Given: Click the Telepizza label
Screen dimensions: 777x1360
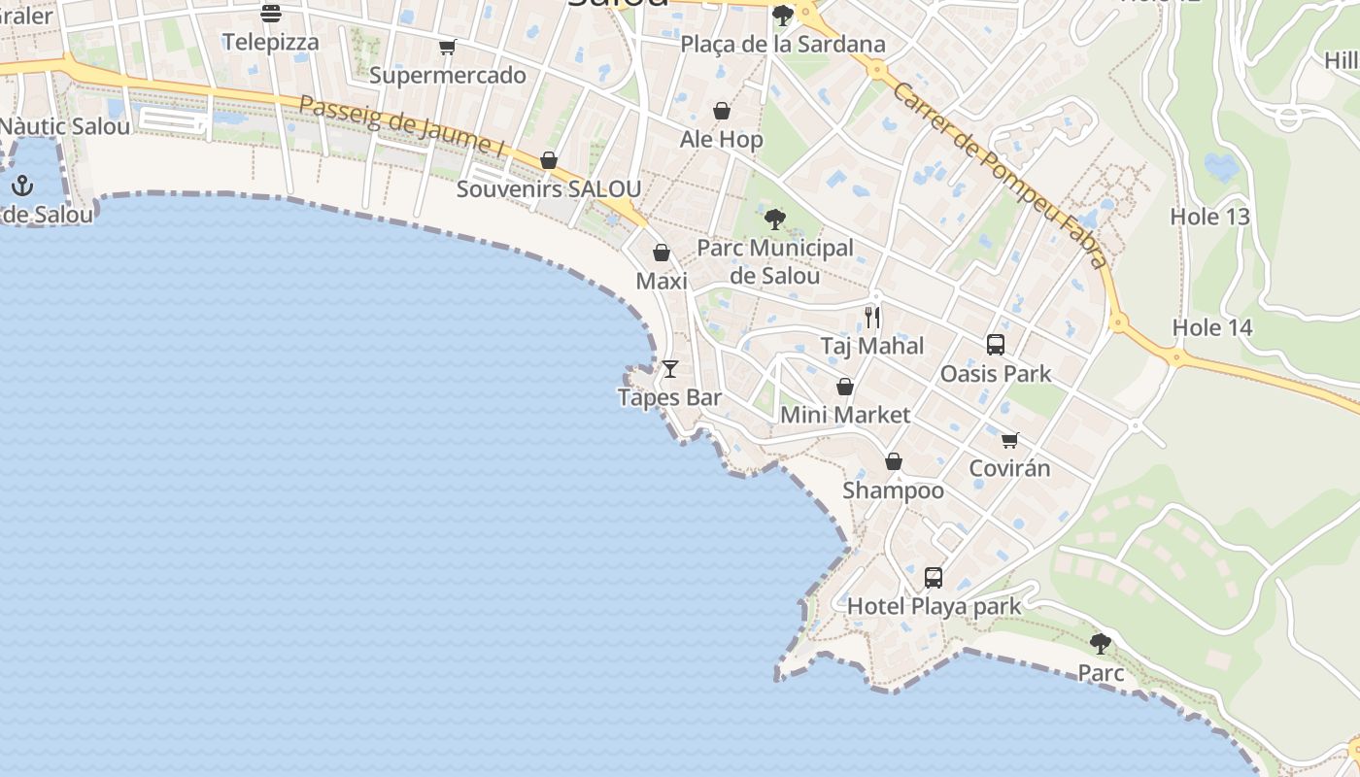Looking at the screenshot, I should [270, 42].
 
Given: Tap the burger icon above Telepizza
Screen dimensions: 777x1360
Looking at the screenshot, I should [270, 14].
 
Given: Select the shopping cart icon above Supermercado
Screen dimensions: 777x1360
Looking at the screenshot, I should [447, 47].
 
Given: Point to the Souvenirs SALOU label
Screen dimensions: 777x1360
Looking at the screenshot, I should [548, 188].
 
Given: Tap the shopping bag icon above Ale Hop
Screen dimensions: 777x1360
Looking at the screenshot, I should [721, 111].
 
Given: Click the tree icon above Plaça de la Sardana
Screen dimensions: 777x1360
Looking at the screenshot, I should [782, 16].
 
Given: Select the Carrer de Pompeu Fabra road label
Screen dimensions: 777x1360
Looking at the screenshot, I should [1000, 175].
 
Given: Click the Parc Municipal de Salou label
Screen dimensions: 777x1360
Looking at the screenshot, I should [775, 261].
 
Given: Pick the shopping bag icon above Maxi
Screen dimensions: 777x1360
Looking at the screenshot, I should [662, 253].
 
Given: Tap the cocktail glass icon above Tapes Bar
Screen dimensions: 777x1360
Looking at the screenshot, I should [669, 369].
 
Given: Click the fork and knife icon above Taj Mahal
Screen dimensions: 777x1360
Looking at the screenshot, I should [872, 317].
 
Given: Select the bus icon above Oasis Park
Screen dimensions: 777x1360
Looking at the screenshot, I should [995, 344].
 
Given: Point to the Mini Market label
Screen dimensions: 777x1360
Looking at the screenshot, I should [845, 415].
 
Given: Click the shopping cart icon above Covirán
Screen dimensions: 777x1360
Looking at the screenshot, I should [1009, 440].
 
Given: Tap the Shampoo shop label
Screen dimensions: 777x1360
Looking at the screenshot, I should [893, 490].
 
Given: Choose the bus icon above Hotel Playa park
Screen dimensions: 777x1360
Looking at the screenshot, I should [934, 578].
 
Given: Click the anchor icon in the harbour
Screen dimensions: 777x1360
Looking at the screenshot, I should [21, 185].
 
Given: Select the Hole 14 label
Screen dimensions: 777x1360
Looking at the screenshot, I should [1211, 327].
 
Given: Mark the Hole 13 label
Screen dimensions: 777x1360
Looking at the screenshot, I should [1209, 217].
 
